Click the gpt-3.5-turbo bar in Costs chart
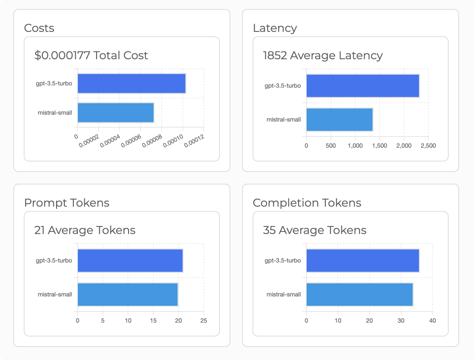(x=131, y=83)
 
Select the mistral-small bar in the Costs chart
(x=115, y=113)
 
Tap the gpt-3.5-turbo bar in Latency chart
(x=362, y=86)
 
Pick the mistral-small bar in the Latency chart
(x=339, y=119)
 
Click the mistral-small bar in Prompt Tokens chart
(x=128, y=294)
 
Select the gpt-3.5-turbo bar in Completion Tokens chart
(x=362, y=261)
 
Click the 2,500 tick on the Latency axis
(x=428, y=146)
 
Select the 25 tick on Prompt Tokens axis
(x=204, y=321)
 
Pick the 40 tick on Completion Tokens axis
(x=433, y=321)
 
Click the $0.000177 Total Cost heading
(x=91, y=56)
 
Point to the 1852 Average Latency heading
(x=323, y=56)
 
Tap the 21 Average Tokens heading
(x=85, y=230)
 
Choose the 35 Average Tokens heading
(x=314, y=230)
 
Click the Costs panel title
(x=39, y=28)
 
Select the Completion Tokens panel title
(x=307, y=203)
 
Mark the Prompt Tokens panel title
(x=67, y=203)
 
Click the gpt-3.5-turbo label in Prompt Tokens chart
(x=54, y=261)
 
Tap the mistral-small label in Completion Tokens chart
(x=283, y=294)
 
